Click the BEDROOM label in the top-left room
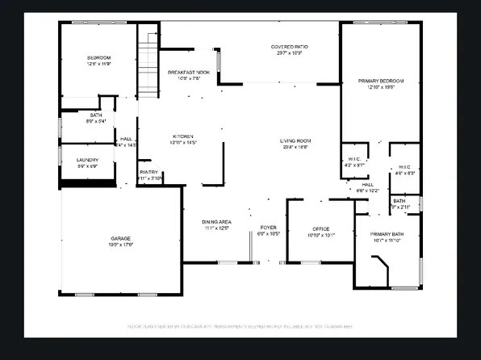99,57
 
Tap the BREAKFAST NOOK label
188,73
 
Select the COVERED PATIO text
287,47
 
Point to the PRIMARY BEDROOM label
381,81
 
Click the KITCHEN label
184,136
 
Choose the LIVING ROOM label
295,140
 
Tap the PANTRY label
149,172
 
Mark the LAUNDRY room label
87,160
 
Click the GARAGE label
121,238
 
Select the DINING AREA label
216,222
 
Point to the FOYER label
268,228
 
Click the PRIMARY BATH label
387,234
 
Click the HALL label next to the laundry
126,138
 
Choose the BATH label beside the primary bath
399,200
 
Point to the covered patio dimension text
287,53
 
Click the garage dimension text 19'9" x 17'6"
121,245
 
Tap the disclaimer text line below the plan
240,327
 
